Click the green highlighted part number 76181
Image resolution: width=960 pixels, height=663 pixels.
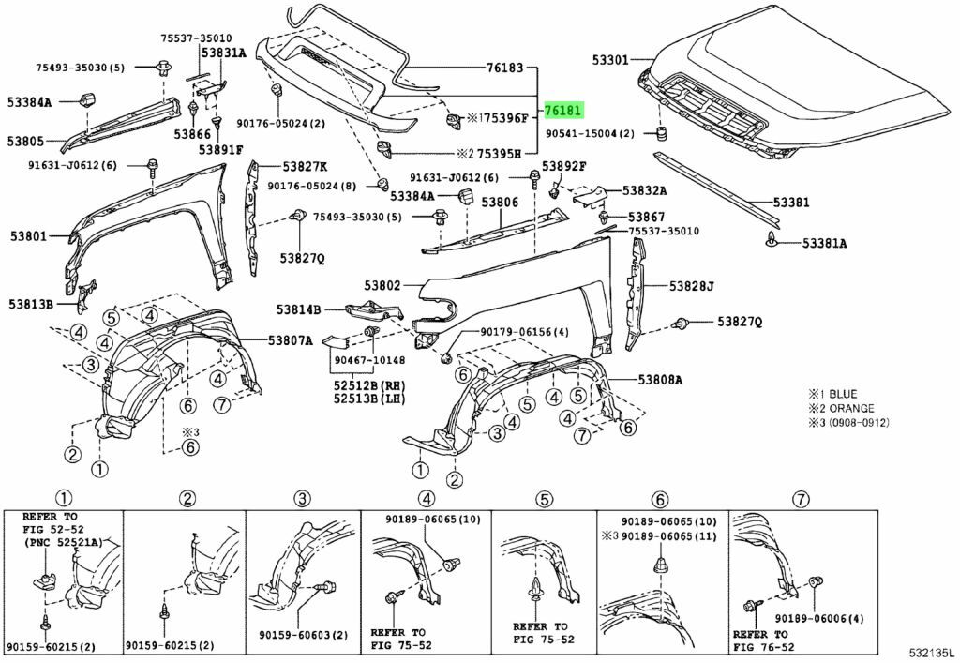tap(564, 110)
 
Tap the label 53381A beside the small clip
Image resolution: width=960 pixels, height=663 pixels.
tap(824, 243)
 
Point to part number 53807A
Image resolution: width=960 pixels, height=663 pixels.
tap(291, 340)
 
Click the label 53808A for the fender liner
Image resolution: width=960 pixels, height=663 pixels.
tap(661, 380)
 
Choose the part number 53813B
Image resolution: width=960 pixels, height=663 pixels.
tap(31, 304)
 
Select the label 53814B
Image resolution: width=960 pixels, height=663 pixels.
tap(298, 309)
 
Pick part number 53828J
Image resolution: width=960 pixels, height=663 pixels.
tap(692, 285)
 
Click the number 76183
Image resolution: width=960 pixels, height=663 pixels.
tap(505, 68)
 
